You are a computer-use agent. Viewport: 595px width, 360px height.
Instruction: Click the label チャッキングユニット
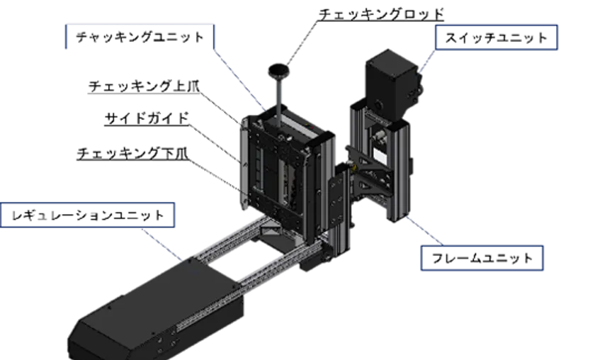tap(140, 37)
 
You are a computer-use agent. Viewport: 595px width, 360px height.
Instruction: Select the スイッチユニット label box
tap(496, 38)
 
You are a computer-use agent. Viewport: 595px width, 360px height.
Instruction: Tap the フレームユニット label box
tap(482, 258)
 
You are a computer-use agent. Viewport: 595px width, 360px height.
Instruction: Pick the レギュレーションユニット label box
tap(88, 215)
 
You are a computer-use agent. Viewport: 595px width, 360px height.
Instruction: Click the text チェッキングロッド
tap(381, 14)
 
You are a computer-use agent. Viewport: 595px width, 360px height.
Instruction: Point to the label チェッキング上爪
tap(144, 86)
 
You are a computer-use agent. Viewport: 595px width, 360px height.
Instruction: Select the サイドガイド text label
tap(147, 118)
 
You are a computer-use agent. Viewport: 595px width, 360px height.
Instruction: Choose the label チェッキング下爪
tap(132, 153)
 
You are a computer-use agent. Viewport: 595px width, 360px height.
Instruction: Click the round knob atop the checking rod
tap(279, 71)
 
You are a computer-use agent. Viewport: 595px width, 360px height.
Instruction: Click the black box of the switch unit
tap(391, 84)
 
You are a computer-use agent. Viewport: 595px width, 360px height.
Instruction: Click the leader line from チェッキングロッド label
tap(302, 42)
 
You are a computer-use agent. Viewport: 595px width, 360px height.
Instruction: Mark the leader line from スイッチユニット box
tap(427, 60)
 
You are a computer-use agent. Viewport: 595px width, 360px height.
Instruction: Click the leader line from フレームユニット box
tap(424, 231)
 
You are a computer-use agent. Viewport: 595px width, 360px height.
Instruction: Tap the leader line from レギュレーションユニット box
tap(162, 244)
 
